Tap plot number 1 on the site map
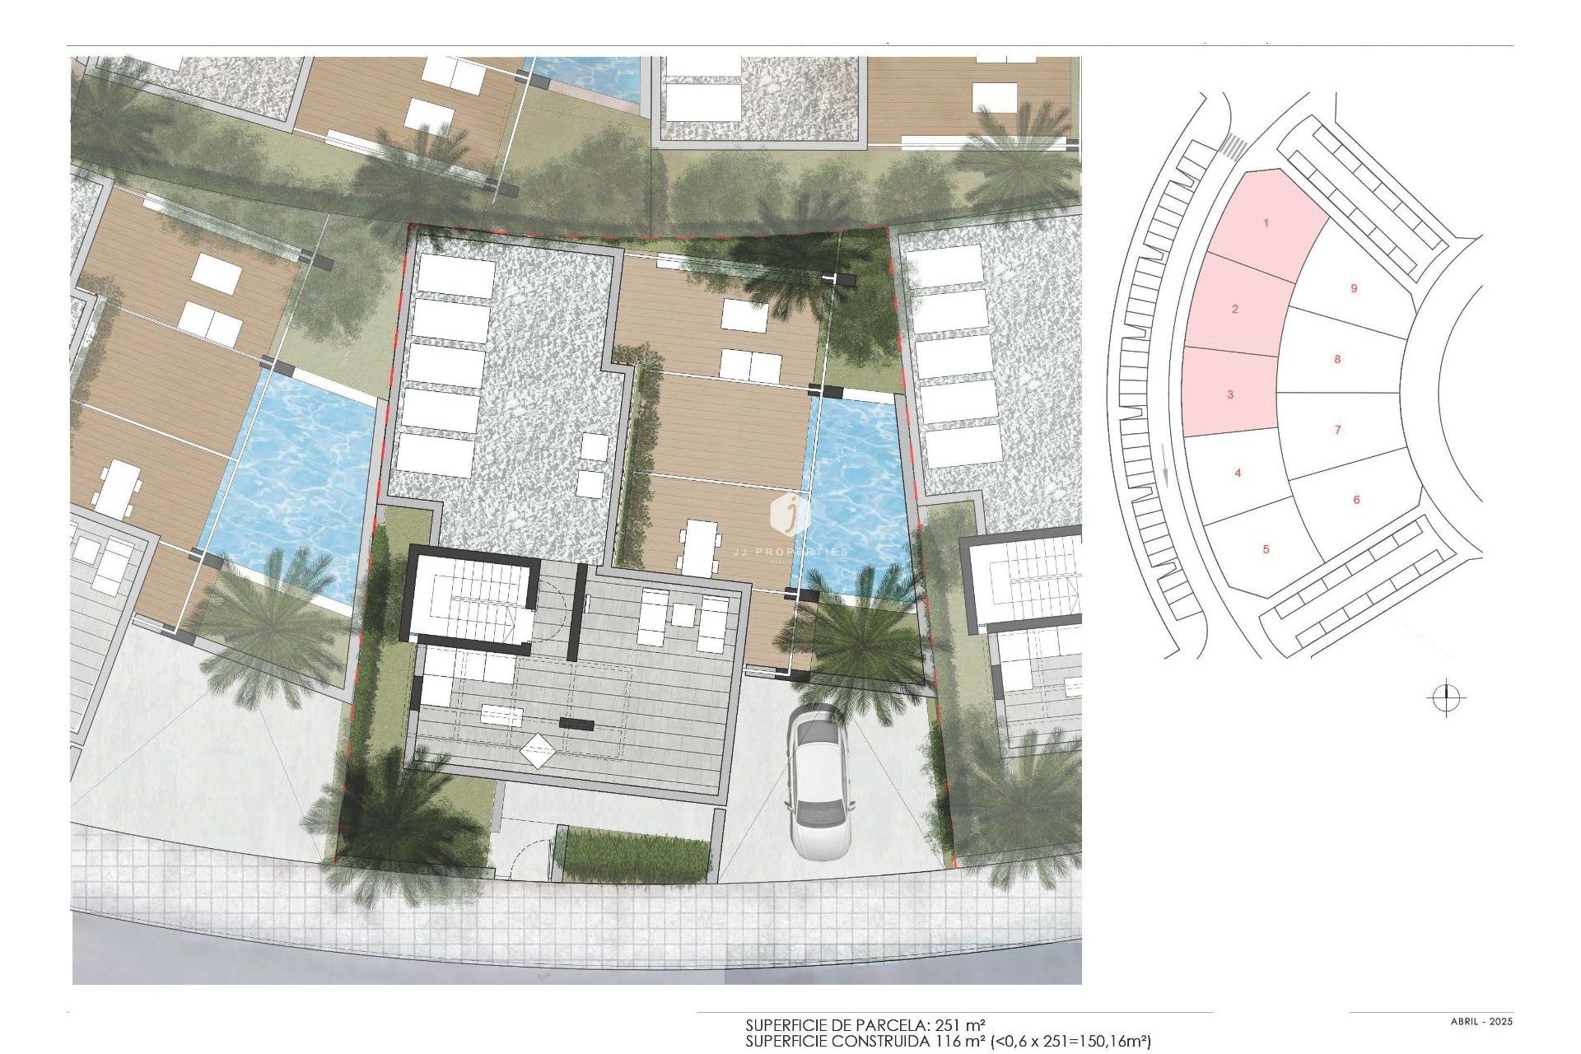coord(1266,223)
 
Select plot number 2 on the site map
coord(1235,310)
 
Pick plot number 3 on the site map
coord(1230,395)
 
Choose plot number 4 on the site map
coord(1238,473)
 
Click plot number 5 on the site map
coord(1266,549)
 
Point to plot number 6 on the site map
coord(1356,500)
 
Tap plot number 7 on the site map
coord(1338,430)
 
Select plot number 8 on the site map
coord(1338,359)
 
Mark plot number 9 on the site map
coord(1354,289)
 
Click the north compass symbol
coord(1445,699)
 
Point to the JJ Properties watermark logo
coord(790,515)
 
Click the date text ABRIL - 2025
coord(1481,1022)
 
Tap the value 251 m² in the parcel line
coord(962,1026)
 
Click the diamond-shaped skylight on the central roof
coord(538,750)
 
